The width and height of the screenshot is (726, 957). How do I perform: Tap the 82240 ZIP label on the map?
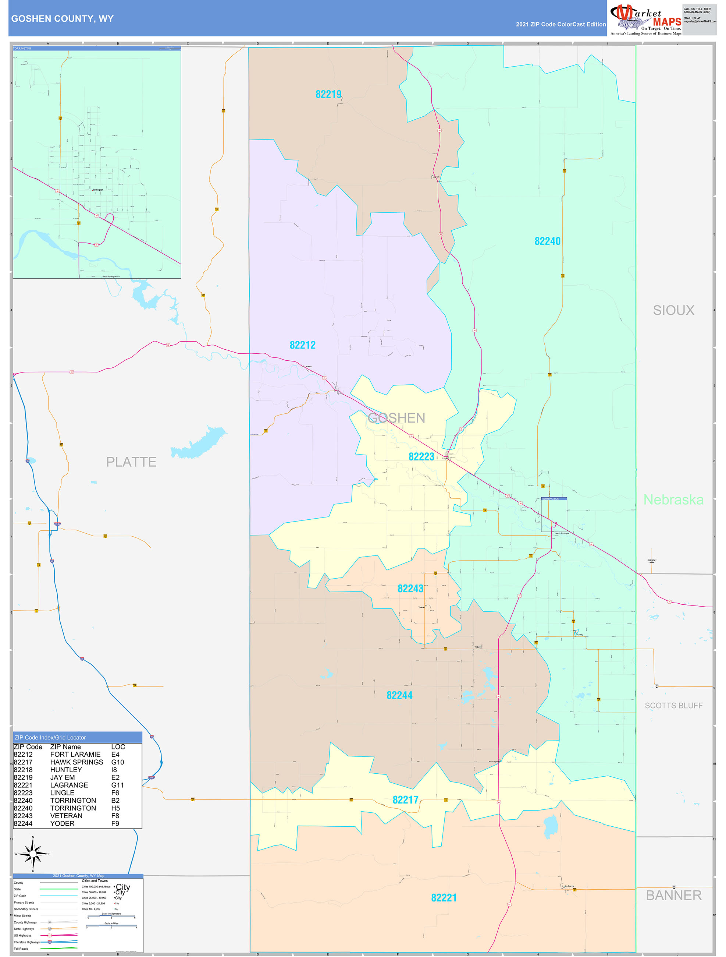[x=547, y=241]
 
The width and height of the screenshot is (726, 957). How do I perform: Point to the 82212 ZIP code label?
[x=302, y=345]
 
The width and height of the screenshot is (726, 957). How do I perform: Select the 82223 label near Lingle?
[x=421, y=456]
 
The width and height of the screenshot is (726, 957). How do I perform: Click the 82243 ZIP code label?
[x=410, y=589]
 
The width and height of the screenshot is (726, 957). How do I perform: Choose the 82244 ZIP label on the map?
[x=399, y=695]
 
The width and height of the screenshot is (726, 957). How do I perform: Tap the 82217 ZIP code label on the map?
[x=405, y=800]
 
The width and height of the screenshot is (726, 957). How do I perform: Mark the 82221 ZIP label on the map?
[x=444, y=898]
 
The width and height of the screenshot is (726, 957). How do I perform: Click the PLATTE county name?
[x=131, y=462]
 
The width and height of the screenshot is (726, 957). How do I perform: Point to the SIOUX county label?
[x=673, y=310]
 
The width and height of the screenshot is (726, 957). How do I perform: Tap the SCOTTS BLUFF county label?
[x=673, y=706]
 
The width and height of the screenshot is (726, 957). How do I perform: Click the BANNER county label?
[x=673, y=895]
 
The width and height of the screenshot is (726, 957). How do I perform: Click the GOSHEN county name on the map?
[x=396, y=418]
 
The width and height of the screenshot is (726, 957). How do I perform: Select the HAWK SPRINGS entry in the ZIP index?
[x=76, y=762]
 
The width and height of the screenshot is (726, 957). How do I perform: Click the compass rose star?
[x=33, y=854]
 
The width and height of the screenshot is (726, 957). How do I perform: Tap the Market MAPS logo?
[x=645, y=20]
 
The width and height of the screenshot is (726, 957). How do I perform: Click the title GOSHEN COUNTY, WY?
[x=62, y=19]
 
